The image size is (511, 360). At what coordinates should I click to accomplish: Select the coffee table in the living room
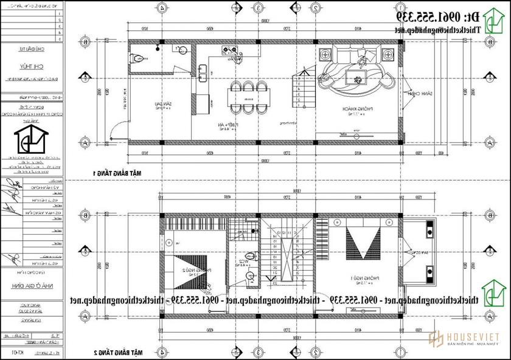coord(355,76)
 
